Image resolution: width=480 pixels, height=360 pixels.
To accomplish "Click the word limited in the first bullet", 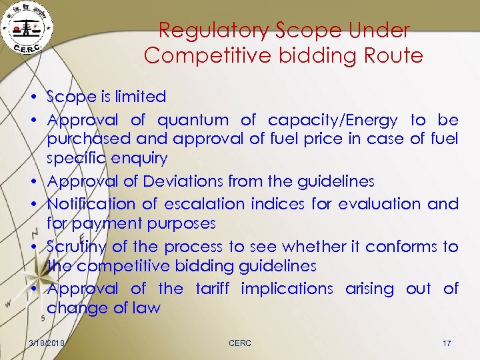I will point(140,97).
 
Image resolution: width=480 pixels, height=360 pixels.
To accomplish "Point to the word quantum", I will point(193,121).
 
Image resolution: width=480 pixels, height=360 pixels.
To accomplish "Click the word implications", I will point(287,289).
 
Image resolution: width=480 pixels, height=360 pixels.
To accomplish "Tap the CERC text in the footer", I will point(240,343).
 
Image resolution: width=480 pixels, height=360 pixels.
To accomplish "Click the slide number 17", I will point(447,343).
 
